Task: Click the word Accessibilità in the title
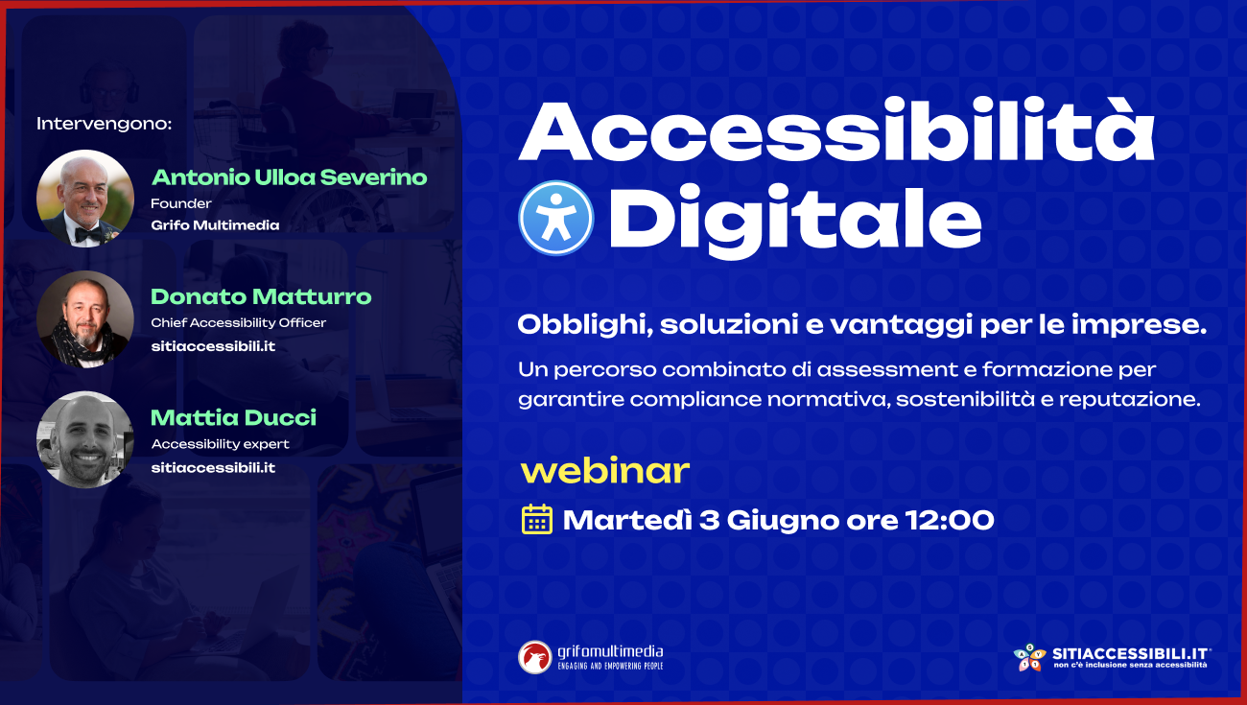pyautogui.click(x=836, y=131)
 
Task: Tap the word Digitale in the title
pyautogui.click(x=795, y=221)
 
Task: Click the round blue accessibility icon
pyautogui.click(x=555, y=218)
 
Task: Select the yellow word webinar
pyautogui.click(x=605, y=471)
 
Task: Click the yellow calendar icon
pyautogui.click(x=536, y=519)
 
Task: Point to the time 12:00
pyautogui.click(x=950, y=520)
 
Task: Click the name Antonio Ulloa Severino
pyautogui.click(x=289, y=177)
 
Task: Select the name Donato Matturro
pyautogui.click(x=261, y=296)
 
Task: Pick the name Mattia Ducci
pyautogui.click(x=233, y=417)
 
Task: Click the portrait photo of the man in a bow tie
pyautogui.click(x=85, y=199)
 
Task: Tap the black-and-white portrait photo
pyautogui.click(x=85, y=439)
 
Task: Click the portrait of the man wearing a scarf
pyautogui.click(x=85, y=319)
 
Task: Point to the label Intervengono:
pyautogui.click(x=105, y=124)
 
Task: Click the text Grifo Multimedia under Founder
pyautogui.click(x=215, y=225)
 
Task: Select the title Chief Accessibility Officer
pyautogui.click(x=238, y=323)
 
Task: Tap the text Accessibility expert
pyautogui.click(x=220, y=444)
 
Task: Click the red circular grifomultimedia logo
pyautogui.click(x=535, y=657)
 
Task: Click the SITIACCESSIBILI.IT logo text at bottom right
pyautogui.click(x=1131, y=654)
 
